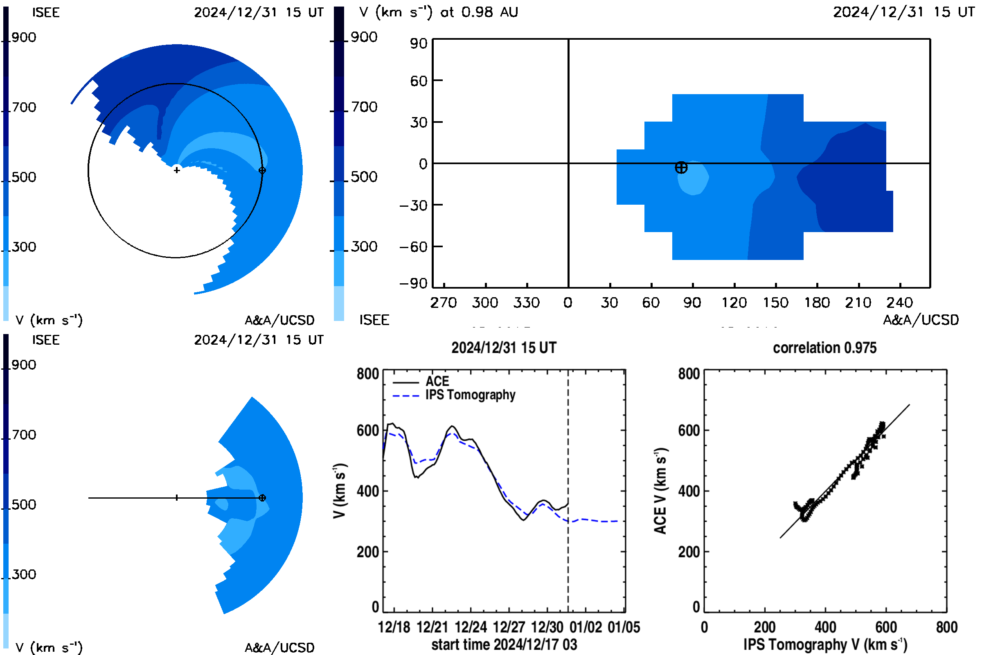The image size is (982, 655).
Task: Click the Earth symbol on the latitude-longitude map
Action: point(681,167)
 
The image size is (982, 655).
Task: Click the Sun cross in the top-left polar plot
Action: point(177,170)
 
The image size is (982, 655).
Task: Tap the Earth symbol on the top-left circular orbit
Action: point(262,170)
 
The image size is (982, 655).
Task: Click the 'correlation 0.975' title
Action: point(824,348)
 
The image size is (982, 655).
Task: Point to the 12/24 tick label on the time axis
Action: point(471,627)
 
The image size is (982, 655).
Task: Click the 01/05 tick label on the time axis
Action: point(624,627)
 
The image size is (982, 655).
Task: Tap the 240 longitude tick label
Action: point(900,303)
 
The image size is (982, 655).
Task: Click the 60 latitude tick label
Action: point(419,81)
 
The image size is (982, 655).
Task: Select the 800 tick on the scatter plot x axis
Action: point(946,627)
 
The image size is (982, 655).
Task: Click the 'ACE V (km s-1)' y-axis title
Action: point(660,491)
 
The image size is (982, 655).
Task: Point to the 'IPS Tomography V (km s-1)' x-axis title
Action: point(825,644)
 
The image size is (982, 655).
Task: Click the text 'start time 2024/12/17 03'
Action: point(505,644)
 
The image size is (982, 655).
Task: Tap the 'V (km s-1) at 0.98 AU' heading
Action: point(439,12)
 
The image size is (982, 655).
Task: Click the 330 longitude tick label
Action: point(527,303)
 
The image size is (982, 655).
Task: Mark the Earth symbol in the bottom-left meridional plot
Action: point(262,497)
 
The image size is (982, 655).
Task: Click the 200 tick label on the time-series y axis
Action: point(367,552)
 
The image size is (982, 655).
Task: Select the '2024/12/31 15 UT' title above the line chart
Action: point(504,348)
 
